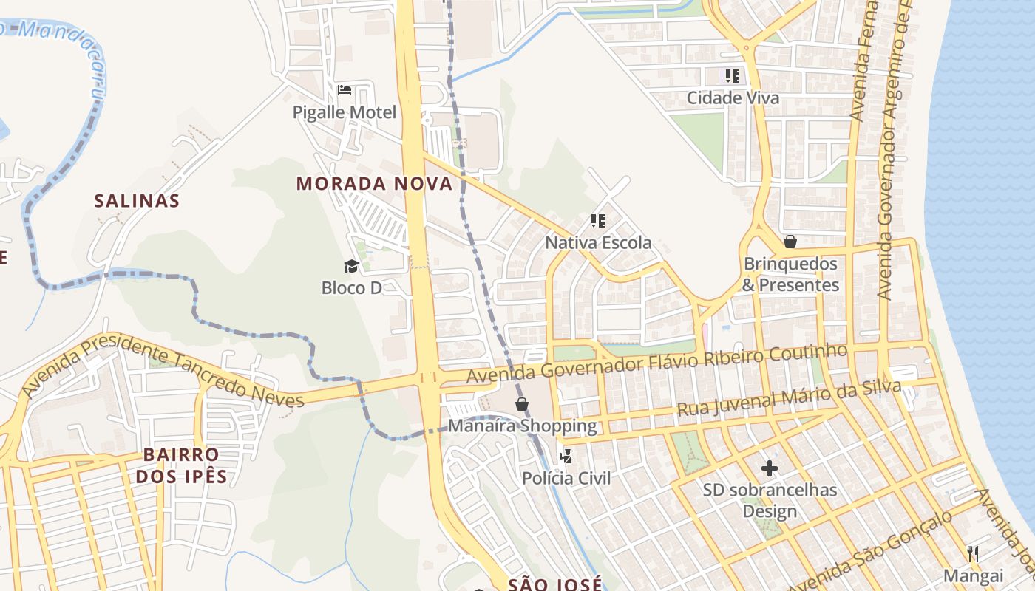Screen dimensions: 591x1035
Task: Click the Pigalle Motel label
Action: coord(345,112)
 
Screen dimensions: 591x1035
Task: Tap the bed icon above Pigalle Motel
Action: coord(344,90)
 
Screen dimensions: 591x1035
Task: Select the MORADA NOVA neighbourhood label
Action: coord(374,184)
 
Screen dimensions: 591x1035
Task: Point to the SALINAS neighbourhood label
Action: coord(137,200)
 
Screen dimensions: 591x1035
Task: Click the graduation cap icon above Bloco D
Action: coord(351,266)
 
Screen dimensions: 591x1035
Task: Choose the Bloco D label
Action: coord(351,287)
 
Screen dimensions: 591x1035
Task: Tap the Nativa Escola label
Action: coord(598,242)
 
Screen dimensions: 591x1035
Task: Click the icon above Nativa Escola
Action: coord(598,220)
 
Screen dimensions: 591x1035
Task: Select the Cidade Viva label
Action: coord(733,98)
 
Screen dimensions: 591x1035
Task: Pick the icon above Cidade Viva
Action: coord(732,75)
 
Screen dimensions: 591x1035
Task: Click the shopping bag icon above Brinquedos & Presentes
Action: coord(790,242)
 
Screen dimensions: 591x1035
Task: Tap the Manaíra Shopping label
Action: coord(522,426)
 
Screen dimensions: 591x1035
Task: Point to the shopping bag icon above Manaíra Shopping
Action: coord(522,403)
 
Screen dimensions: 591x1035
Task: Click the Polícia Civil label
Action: coord(566,478)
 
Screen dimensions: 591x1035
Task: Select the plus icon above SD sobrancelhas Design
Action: coord(770,468)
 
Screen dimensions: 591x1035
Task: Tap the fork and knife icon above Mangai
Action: coord(973,553)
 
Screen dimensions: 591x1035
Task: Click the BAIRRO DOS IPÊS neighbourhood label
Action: coord(181,465)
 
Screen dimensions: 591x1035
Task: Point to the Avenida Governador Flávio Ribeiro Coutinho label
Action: coord(656,364)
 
